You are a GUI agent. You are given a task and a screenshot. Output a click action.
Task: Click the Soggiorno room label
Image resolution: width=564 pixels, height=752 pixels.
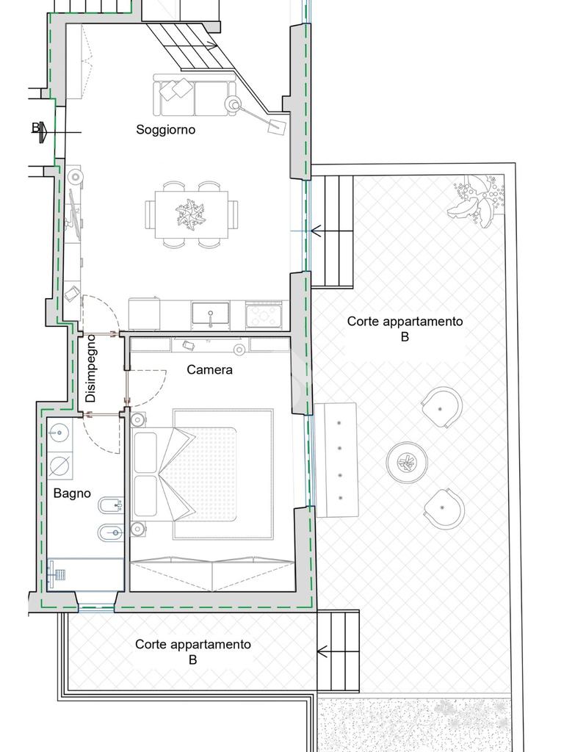pos(165,129)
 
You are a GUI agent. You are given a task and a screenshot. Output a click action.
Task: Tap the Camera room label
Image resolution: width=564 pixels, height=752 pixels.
pos(209,370)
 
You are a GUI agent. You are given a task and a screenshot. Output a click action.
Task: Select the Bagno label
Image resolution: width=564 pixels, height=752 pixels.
pos(72,493)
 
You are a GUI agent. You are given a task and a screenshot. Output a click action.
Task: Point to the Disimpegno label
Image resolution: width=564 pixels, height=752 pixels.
pos(90,369)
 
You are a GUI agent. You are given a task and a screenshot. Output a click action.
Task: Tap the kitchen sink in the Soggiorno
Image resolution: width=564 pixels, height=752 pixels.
pos(211,314)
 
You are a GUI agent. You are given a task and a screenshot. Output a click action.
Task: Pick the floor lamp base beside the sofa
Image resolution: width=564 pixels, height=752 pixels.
pos(234,104)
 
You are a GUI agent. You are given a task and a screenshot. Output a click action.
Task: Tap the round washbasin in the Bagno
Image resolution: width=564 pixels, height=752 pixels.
pos(59,433)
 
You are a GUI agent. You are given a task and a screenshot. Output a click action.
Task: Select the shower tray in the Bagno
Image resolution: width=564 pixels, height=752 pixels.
pos(86,574)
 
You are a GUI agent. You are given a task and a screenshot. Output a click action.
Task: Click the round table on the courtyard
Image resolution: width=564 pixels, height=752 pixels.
pos(407,463)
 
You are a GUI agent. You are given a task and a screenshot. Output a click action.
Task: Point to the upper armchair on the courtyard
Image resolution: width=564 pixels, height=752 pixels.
pos(441,408)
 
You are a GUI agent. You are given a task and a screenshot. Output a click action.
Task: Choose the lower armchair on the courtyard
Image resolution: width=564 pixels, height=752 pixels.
pos(444,509)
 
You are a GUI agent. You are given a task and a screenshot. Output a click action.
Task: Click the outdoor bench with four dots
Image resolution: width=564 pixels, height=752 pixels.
pos(337,460)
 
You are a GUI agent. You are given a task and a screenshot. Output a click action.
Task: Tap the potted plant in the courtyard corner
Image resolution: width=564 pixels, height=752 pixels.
pos(476,201)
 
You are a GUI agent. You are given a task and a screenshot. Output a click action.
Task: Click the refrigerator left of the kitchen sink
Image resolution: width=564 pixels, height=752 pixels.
pos(145,314)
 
